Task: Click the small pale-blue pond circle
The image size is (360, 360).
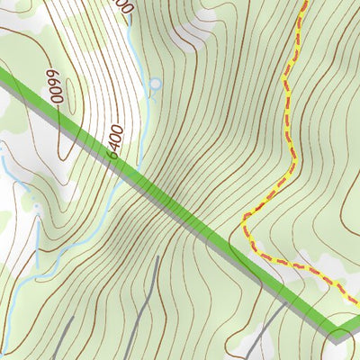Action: point(156,85)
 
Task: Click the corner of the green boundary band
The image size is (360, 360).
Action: point(335,334)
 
